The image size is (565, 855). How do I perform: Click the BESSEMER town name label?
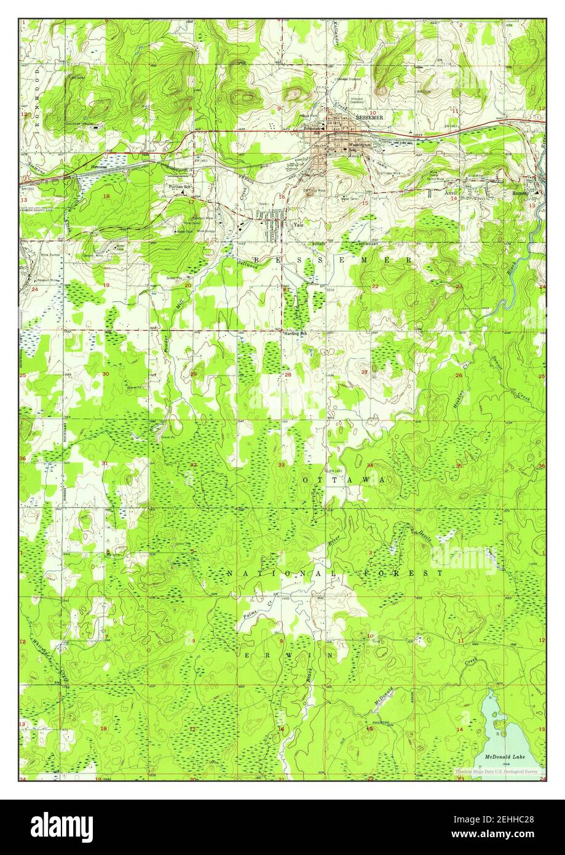tap(369, 117)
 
